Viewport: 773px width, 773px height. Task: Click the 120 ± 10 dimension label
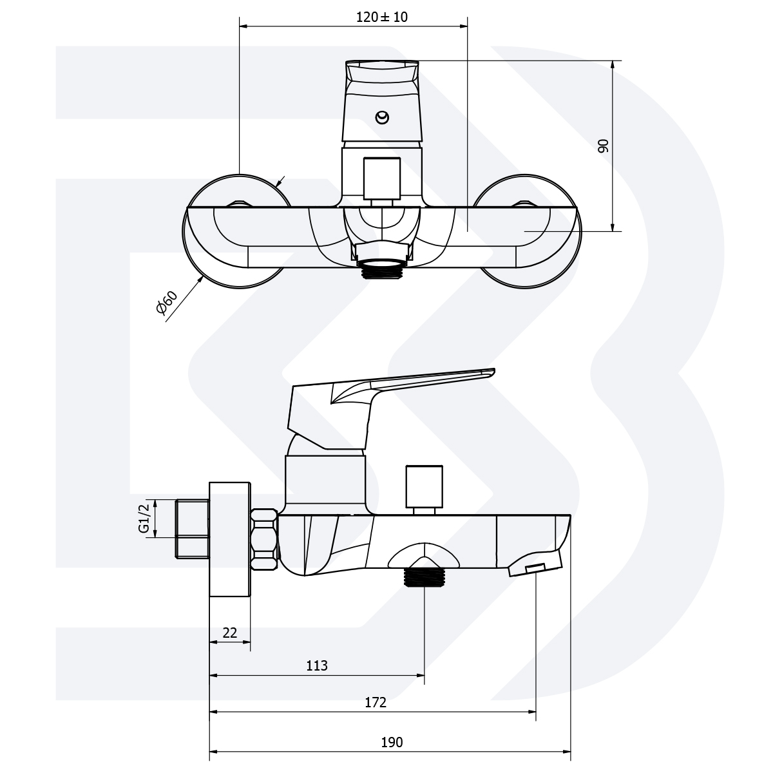(381, 17)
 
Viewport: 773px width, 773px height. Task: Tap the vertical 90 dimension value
(603, 146)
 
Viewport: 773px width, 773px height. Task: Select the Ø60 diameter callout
(166, 302)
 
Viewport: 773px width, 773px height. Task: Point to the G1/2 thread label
(144, 517)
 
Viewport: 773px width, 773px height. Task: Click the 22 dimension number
(229, 633)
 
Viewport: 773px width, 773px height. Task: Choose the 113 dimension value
(317, 666)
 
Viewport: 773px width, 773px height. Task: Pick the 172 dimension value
(375, 702)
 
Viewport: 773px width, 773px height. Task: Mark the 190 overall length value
(392, 743)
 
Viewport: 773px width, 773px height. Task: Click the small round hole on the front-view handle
(382, 117)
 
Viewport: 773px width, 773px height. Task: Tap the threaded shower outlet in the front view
(381, 269)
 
